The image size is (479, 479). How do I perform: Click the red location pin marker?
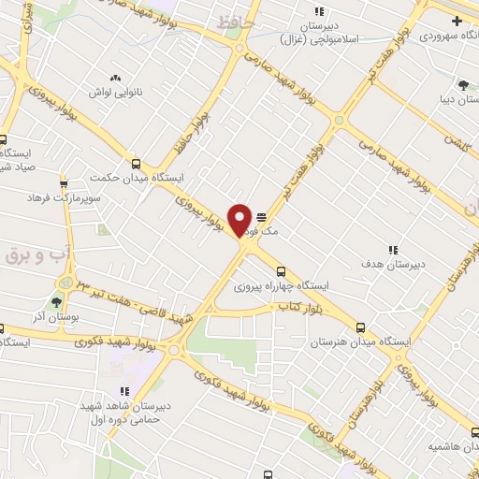click(x=240, y=220)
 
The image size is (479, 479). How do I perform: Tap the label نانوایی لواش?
click(x=115, y=93)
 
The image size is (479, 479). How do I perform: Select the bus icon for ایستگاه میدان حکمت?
click(x=136, y=163)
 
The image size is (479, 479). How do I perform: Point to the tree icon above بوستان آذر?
click(x=57, y=301)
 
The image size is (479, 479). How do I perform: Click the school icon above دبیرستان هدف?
click(x=393, y=250)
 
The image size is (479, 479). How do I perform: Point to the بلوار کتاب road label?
click(x=293, y=308)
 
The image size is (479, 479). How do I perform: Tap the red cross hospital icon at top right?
click(x=456, y=21)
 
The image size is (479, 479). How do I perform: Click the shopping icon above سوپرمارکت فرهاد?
click(x=63, y=183)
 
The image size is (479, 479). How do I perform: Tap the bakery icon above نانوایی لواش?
click(x=115, y=78)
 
